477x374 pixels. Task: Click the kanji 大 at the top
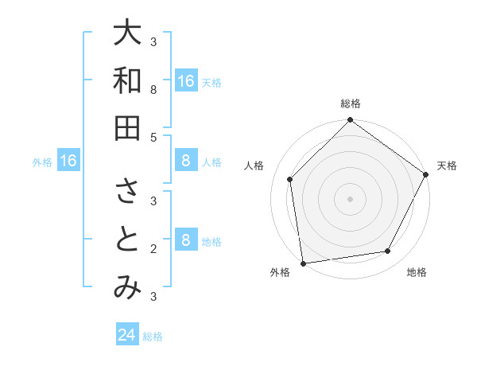point(127,33)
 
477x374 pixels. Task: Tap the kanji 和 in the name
point(127,80)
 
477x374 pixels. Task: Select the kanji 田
point(127,127)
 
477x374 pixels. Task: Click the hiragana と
point(127,240)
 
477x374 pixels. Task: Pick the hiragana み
point(127,287)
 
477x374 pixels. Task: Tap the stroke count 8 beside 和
point(153,90)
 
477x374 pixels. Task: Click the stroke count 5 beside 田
point(153,137)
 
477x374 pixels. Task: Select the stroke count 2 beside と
point(153,249)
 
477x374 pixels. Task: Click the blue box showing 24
point(127,335)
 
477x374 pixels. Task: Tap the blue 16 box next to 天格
point(185,81)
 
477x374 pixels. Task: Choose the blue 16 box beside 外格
point(68,162)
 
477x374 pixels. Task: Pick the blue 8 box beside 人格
point(185,162)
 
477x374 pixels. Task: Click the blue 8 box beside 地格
point(185,240)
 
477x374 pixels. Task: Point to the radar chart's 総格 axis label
point(351,103)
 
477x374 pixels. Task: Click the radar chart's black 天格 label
point(447,166)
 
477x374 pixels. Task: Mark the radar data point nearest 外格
point(302,263)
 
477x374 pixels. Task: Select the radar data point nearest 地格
point(388,251)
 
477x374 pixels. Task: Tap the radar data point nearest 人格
point(290,179)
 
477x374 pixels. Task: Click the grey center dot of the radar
point(351,198)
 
